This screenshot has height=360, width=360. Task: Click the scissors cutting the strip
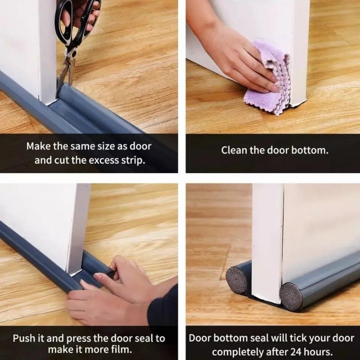(73, 41)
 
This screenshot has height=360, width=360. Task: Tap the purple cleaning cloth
(269, 78)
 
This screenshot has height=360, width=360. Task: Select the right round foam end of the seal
(292, 297)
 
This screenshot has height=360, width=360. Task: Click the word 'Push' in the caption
(22, 338)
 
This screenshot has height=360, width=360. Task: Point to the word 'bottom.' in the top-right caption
(310, 150)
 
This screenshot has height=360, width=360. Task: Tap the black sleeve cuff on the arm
(162, 306)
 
